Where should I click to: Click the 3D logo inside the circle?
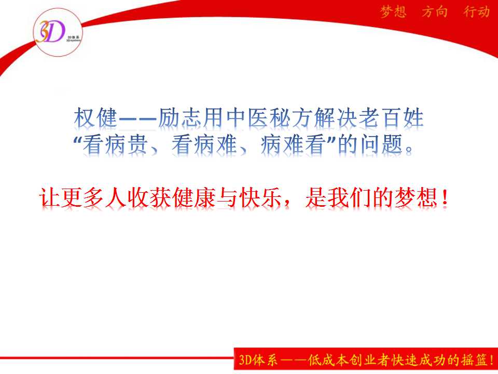[x=50, y=32]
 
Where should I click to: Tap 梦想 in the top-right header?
[x=393, y=12]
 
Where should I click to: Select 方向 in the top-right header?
[x=435, y=12]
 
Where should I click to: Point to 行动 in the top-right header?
[x=476, y=12]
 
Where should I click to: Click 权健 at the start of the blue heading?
[x=95, y=117]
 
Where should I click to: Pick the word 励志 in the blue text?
[x=180, y=117]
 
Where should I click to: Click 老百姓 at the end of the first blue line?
[x=391, y=117]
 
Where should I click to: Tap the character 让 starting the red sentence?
[x=50, y=197]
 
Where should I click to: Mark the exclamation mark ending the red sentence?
[x=445, y=197]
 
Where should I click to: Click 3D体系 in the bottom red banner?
[x=258, y=360]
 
